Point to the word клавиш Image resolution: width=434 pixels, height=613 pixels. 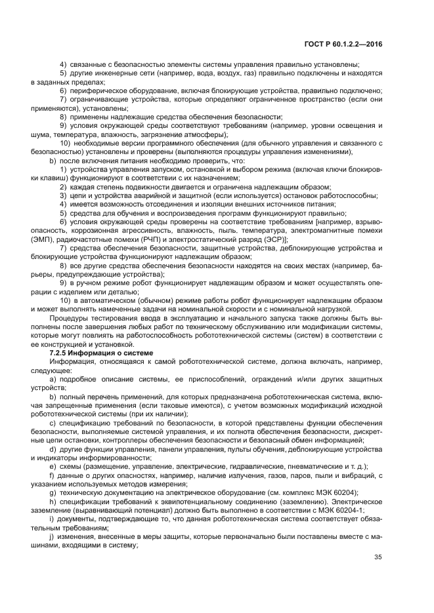coord(64,178)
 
